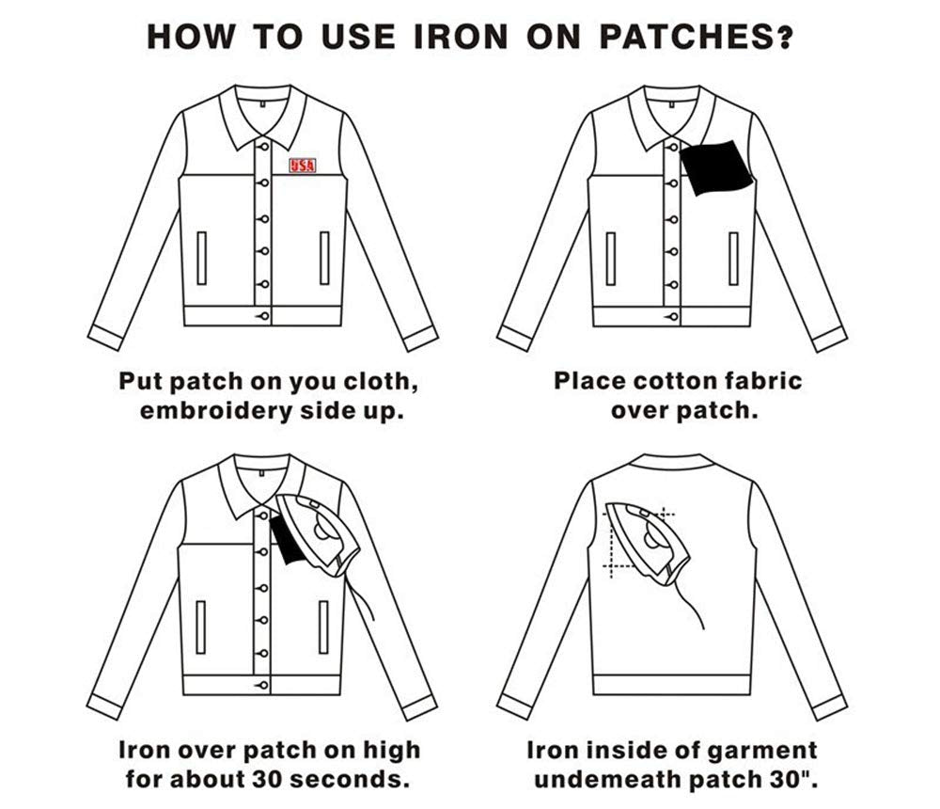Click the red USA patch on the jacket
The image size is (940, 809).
[302, 166]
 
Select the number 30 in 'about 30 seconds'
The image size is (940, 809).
[266, 780]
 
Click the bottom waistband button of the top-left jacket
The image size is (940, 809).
[264, 316]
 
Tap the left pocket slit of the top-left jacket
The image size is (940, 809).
[201, 258]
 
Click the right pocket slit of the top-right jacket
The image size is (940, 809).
[733, 259]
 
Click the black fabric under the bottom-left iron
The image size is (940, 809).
[286, 541]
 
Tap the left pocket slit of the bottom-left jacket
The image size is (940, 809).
[200, 627]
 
